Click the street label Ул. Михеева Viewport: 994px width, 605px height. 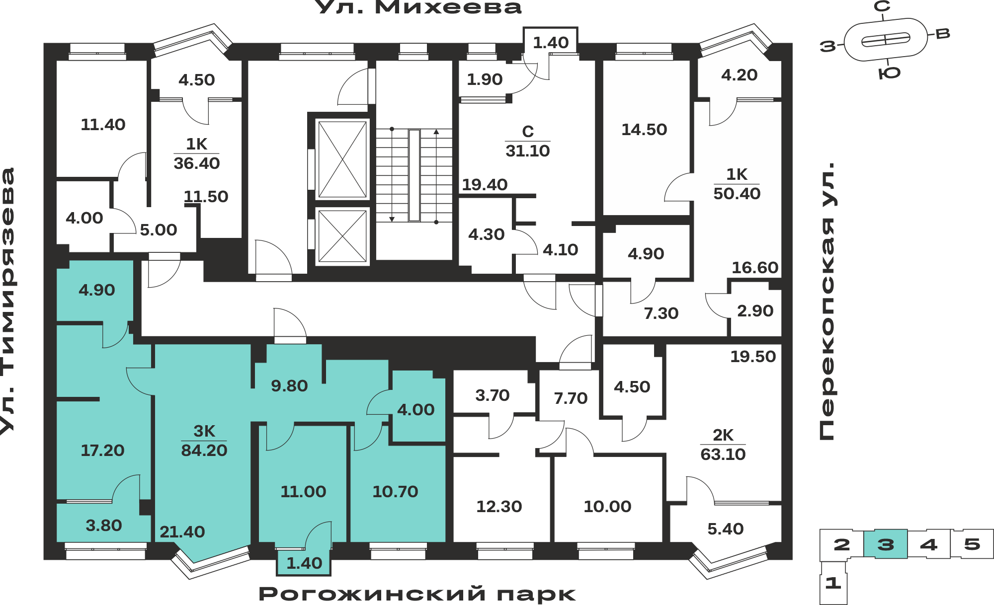(418, 7)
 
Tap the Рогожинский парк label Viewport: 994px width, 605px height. (417, 594)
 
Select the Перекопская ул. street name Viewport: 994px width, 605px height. (827, 301)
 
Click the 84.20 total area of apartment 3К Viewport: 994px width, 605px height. (204, 451)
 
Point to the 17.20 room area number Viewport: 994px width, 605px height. (102, 451)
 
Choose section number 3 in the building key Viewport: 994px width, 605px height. (885, 544)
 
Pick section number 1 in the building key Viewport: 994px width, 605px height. (833, 583)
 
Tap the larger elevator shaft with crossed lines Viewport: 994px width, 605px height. (342, 159)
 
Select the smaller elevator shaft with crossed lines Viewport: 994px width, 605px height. (342, 236)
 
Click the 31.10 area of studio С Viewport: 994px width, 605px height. (527, 151)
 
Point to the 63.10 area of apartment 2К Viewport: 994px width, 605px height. (723, 454)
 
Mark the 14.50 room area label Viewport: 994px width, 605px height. (644, 130)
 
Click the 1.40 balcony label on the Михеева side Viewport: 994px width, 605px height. (551, 43)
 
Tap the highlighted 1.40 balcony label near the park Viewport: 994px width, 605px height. (304, 563)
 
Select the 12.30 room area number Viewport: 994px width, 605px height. (499, 507)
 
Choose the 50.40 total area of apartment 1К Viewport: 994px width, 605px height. (737, 194)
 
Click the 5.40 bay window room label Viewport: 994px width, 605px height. (725, 529)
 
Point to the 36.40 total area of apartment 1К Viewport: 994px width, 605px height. (196, 163)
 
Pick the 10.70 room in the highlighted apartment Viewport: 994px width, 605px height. (395, 492)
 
